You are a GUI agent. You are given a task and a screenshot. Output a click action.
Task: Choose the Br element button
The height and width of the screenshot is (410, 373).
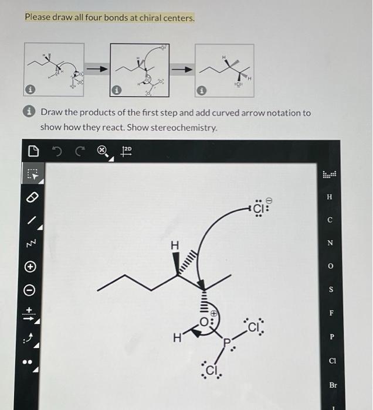[x=333, y=385]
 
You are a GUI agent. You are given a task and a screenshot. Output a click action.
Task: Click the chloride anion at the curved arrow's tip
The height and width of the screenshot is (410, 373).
[x=258, y=209]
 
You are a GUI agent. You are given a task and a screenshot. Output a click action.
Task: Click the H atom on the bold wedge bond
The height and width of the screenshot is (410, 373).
[x=174, y=247]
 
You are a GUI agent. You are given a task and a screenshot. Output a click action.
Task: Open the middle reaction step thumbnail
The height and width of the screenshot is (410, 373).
[x=139, y=70]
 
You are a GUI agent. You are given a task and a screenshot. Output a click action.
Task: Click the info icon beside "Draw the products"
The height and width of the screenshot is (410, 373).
[x=32, y=112]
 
